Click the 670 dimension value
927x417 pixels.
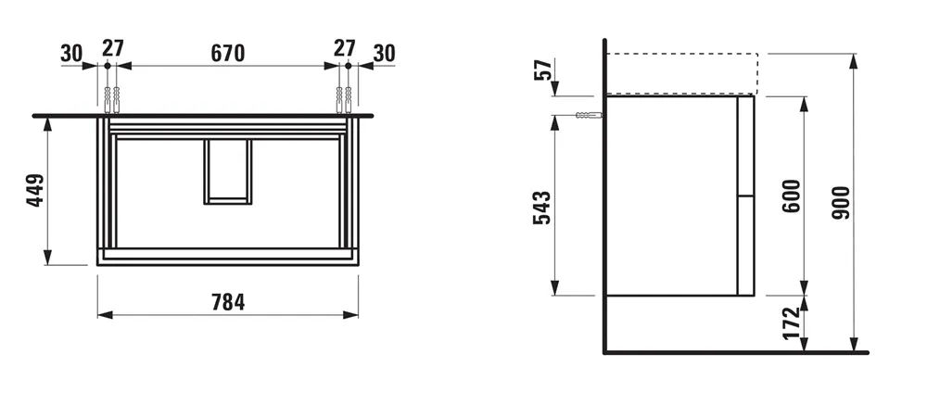[x=226, y=53]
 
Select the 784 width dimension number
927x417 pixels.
[x=227, y=303]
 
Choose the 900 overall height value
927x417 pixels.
[x=842, y=201]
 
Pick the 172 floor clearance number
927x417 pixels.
[x=791, y=323]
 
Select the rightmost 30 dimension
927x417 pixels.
[x=383, y=53]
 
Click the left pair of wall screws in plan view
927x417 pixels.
[x=112, y=97]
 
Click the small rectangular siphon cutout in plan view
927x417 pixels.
[x=227, y=171]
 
